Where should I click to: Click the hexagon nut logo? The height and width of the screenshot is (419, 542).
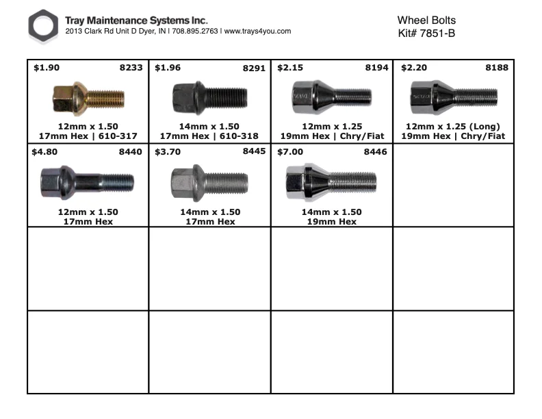43,26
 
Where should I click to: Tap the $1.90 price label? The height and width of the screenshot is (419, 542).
47,67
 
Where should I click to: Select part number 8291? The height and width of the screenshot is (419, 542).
254,68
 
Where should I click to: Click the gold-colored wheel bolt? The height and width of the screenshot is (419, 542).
88,99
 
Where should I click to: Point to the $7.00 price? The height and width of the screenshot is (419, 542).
290,152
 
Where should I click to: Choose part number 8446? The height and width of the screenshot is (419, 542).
376,152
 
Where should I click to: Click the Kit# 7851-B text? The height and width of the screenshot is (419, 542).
426,33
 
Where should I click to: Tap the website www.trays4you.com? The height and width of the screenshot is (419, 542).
257,31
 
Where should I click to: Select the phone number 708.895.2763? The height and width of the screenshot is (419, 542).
195,31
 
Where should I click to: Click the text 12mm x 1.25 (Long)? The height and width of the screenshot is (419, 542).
453,127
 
